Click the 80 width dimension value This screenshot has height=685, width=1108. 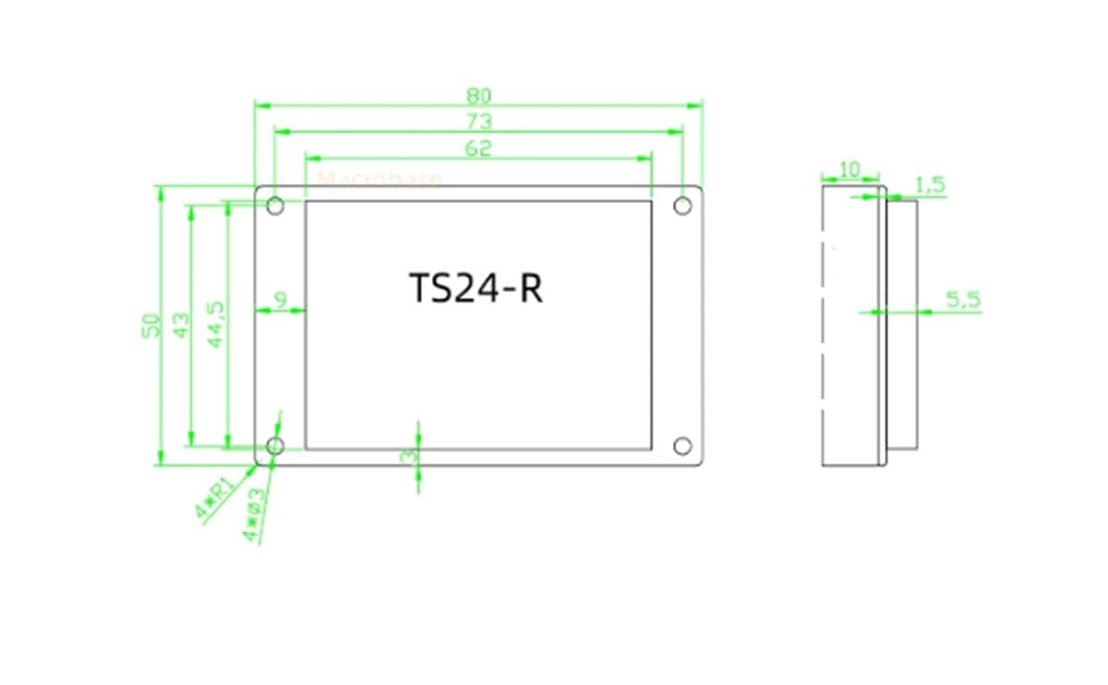pos(478,94)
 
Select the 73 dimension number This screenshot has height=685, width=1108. pos(478,121)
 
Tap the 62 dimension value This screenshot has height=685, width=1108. pos(478,149)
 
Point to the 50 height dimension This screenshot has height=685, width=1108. pos(151,325)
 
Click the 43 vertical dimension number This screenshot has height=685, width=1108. pos(181,325)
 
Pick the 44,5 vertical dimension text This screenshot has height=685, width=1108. pos(216,324)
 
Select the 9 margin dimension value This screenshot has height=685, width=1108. pos(280,299)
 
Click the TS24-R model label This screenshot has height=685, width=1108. pos(476,289)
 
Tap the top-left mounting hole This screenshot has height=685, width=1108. pos(275,205)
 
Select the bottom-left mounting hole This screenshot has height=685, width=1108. pos(275,447)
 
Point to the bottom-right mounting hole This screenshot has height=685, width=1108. pos(682,447)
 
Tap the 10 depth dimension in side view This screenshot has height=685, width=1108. pos(849,169)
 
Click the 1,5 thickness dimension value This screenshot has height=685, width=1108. pos(930,185)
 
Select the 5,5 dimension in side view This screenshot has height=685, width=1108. pos(963,299)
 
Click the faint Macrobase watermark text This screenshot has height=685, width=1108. pos(379,180)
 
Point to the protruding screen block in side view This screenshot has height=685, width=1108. pos(903,324)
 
